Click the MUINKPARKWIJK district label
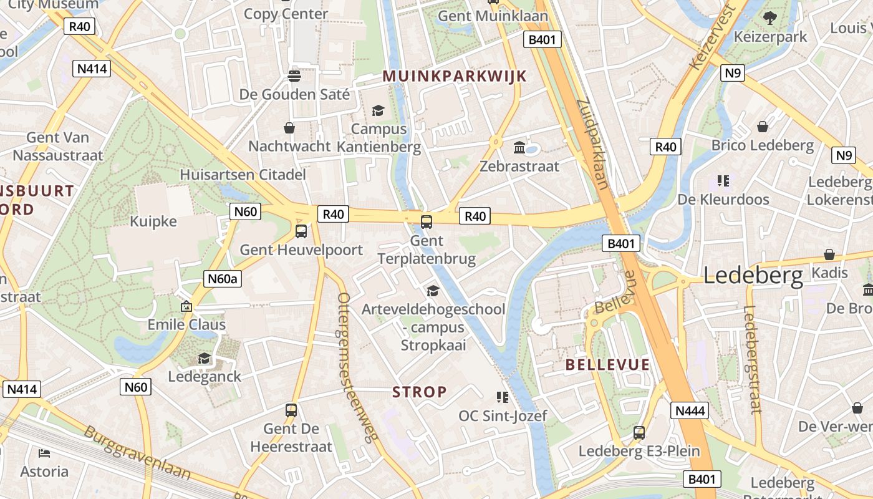click(455, 76)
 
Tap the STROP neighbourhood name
click(420, 392)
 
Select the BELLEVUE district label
click(607, 365)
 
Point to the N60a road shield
click(223, 278)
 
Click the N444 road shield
click(690, 410)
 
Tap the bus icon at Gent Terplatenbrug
click(427, 221)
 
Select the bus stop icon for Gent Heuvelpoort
click(301, 231)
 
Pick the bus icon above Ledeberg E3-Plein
click(639, 432)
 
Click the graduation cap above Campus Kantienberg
click(378, 111)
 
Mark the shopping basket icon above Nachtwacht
click(289, 128)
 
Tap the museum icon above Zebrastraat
click(519, 148)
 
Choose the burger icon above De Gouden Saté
click(294, 76)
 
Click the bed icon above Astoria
click(44, 453)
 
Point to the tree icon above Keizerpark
click(770, 18)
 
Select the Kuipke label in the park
click(153, 221)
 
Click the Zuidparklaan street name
click(592, 143)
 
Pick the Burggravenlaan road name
click(137, 452)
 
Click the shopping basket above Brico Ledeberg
click(763, 127)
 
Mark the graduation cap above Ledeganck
click(205, 358)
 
